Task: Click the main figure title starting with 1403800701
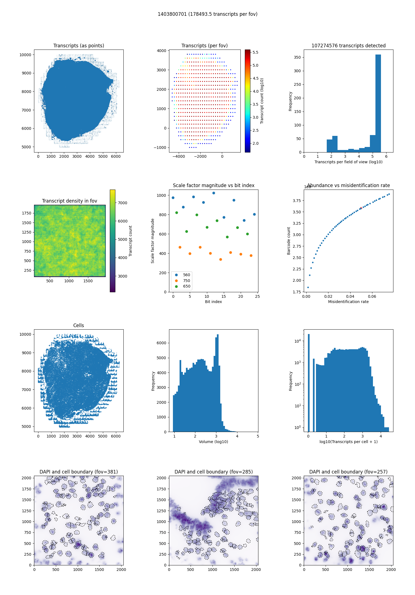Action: tap(207, 14)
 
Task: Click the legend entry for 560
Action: tap(186, 275)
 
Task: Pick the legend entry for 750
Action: tap(186, 281)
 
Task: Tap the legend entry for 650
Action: tap(186, 286)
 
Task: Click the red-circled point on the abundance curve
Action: tap(361, 208)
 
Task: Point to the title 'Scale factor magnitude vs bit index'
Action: tap(213, 185)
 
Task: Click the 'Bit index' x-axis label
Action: tap(213, 302)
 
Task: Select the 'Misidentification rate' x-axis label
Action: tap(348, 302)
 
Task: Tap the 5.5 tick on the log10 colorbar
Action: tap(255, 52)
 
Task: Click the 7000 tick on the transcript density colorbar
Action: tap(123, 203)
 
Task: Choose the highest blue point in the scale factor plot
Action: tap(214, 193)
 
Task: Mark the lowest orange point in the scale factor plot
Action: tap(221, 259)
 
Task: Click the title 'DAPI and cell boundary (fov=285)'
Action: tap(213, 472)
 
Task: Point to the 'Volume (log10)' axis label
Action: tap(213, 442)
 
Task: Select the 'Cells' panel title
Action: tap(79, 325)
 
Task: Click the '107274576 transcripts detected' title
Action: tap(348, 46)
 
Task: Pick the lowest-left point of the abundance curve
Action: tap(308, 287)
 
